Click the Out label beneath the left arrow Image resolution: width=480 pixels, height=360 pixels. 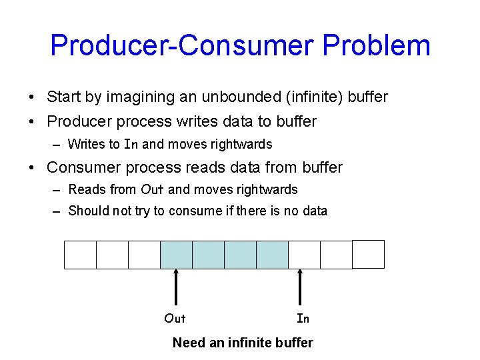coord(175,319)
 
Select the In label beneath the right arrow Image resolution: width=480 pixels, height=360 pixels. coord(303,319)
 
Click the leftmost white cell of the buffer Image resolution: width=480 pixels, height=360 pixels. coord(80,255)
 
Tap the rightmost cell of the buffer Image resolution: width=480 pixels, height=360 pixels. coord(368,254)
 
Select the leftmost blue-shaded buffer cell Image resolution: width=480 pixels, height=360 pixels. coord(176,255)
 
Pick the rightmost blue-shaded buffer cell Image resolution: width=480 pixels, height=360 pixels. coord(272,255)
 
